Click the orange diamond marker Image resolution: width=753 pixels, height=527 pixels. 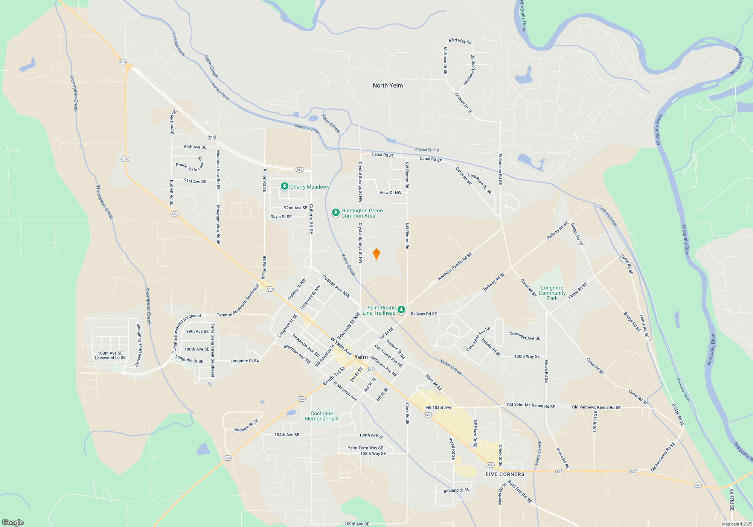click(x=376, y=254)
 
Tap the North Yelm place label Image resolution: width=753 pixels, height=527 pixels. click(x=387, y=85)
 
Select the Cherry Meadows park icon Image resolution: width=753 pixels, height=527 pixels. click(x=285, y=186)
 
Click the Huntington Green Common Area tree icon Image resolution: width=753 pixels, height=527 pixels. click(x=335, y=213)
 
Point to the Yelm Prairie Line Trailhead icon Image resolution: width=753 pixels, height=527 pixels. click(x=401, y=310)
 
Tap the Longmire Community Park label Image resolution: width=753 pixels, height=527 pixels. click(x=552, y=293)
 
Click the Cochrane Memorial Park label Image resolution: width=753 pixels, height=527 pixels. click(x=322, y=416)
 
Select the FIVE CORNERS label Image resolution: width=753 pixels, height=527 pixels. click(x=505, y=474)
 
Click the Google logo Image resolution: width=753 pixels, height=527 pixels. click(x=13, y=522)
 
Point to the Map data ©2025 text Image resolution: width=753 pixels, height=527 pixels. click(x=737, y=524)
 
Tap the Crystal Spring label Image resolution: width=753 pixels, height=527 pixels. click(x=427, y=150)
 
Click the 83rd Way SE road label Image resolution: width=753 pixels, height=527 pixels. click(x=460, y=41)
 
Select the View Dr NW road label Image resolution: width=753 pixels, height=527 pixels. click(x=390, y=193)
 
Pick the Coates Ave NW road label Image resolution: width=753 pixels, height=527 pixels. click(x=336, y=286)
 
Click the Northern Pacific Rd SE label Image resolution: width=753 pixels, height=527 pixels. click(x=455, y=267)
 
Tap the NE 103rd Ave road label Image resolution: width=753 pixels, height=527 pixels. click(x=438, y=407)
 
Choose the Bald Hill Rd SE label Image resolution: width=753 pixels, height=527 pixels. click(x=519, y=491)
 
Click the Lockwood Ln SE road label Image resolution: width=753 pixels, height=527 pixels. click(x=110, y=358)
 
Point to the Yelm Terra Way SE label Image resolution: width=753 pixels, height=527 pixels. click(x=365, y=448)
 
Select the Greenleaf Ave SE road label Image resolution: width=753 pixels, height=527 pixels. click(x=524, y=336)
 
